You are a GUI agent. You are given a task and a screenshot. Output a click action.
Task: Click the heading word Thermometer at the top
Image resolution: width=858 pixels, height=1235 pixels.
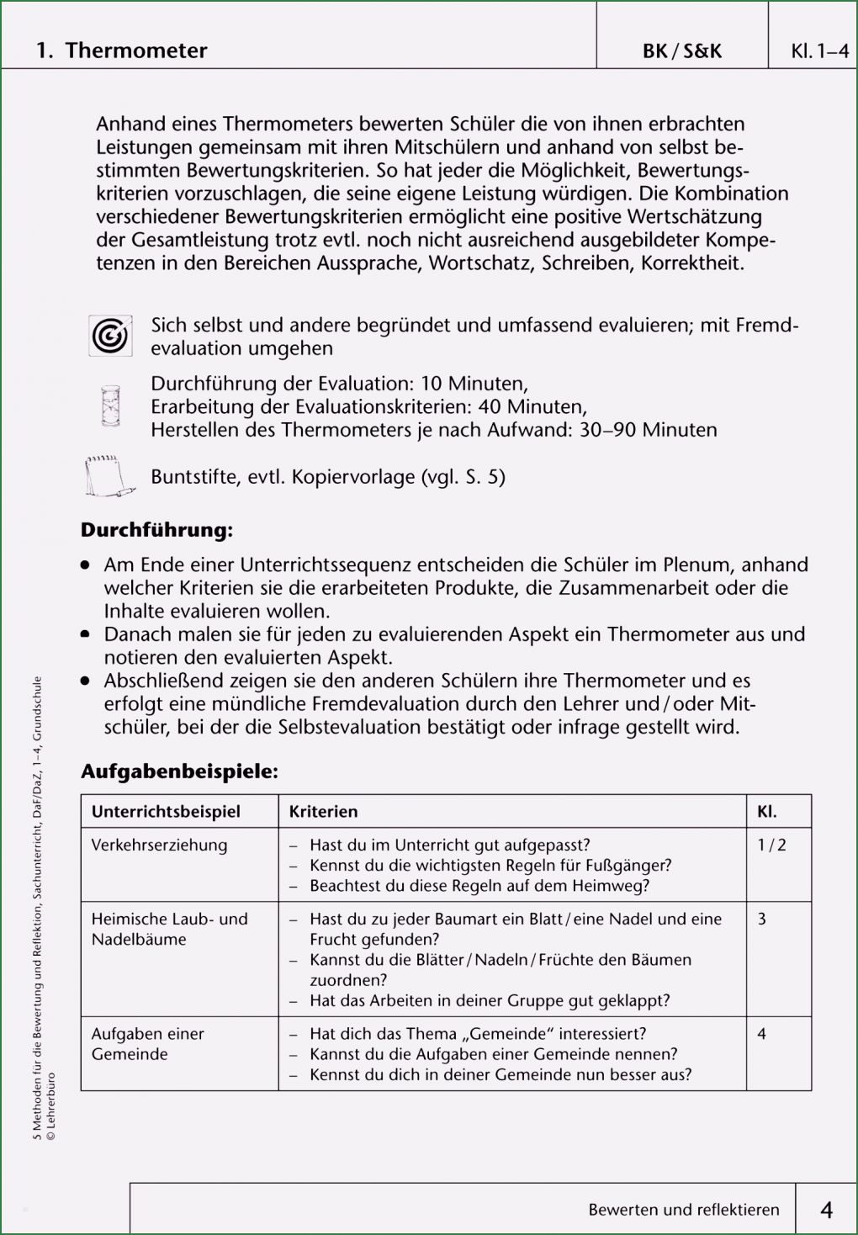point(135,50)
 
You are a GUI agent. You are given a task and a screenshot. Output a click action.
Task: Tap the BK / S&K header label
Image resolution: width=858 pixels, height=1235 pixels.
point(681,51)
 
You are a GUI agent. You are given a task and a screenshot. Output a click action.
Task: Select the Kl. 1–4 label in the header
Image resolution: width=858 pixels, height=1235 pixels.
point(819,51)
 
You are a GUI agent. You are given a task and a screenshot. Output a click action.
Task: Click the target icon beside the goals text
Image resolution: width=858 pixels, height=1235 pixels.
point(110,336)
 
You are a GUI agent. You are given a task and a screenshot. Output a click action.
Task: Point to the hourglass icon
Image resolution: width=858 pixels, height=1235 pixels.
point(110,406)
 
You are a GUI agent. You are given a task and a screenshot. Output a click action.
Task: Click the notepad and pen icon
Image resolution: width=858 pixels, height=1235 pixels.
point(109,477)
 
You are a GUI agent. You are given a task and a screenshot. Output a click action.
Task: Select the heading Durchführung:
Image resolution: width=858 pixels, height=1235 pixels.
point(156,530)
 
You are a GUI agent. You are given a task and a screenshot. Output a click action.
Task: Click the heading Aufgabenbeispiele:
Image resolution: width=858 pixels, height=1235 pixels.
point(179,771)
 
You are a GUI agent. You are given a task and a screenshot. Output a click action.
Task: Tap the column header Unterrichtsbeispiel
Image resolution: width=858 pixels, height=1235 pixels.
point(166,812)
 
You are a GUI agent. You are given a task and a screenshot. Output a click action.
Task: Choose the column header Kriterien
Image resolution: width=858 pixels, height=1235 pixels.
point(323,812)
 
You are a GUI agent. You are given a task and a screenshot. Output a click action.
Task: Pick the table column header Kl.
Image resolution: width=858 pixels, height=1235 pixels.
point(766,812)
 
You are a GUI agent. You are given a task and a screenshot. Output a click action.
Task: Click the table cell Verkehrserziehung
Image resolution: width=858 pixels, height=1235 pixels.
point(159,845)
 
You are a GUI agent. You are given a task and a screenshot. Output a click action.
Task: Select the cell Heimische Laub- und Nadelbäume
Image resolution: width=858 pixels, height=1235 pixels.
point(169,929)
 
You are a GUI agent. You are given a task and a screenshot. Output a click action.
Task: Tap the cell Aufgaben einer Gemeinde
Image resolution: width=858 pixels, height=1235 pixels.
point(147,1043)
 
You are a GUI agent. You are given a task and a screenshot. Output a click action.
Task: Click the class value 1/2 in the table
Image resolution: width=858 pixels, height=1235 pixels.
point(771,845)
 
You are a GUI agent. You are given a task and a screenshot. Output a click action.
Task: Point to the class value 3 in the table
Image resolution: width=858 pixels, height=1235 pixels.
point(761,919)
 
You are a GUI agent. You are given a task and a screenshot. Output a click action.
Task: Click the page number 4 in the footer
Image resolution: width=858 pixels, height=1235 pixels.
point(826,1210)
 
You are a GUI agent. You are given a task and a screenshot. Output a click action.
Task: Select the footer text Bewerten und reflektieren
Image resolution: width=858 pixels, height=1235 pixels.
point(683,1210)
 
